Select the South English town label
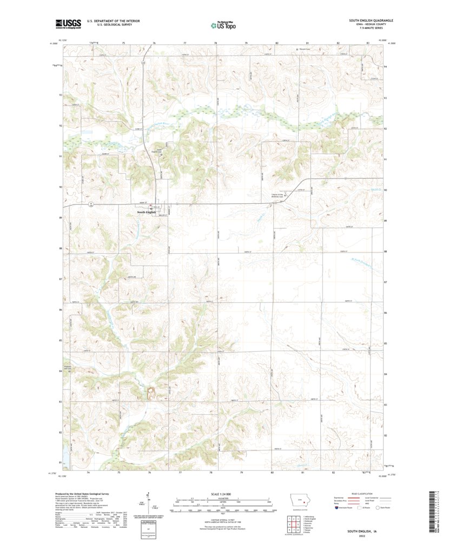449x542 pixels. click(x=147, y=213)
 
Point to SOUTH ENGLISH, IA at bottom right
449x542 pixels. click(x=365, y=532)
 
